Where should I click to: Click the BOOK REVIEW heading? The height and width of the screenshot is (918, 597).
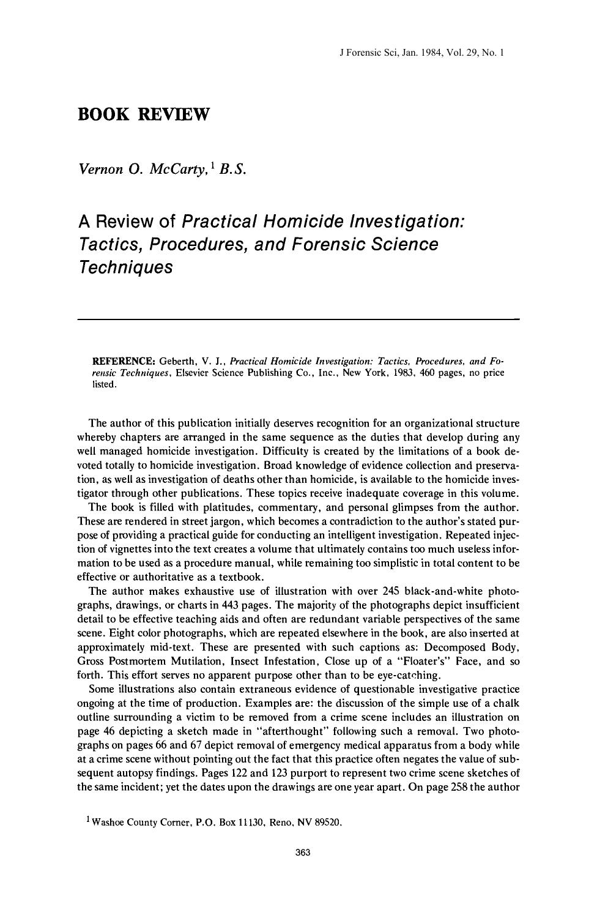pos(144,114)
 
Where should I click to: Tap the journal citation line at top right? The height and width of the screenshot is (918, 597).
pos(421,53)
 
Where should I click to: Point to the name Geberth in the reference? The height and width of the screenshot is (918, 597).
pos(177,361)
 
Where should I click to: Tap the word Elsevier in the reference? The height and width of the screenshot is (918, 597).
pos(193,373)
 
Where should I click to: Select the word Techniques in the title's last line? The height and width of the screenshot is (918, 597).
pos(126,267)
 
